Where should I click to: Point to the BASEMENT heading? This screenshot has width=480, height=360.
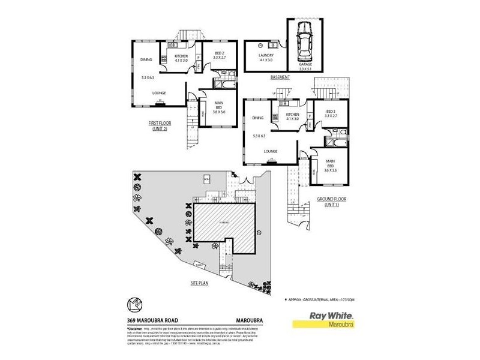click(x=280, y=77)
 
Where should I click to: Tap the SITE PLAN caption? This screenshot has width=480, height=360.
click(x=199, y=283)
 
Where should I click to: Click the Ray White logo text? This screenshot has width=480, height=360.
click(x=330, y=315)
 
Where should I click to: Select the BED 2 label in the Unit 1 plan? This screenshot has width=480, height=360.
click(x=330, y=113)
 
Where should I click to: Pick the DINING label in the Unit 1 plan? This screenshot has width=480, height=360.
click(x=258, y=118)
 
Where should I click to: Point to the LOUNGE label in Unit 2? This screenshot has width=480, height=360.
click(x=159, y=93)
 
